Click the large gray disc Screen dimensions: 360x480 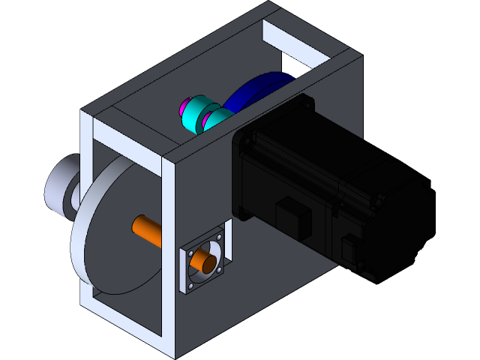(x=112, y=240)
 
